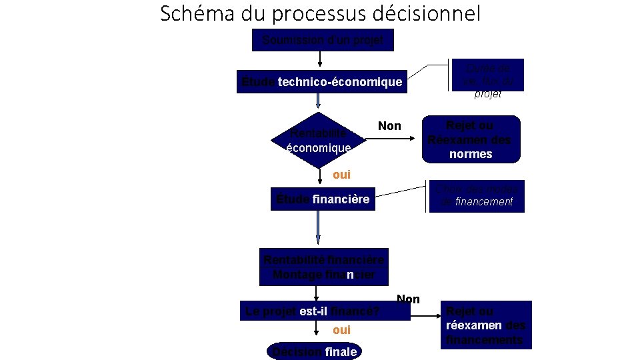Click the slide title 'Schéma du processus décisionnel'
point(320,13)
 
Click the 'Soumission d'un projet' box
point(323,40)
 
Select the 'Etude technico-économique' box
point(322,82)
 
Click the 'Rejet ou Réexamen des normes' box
point(470,140)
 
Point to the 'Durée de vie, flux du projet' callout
point(487,80)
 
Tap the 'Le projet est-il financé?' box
point(325,311)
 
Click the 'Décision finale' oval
point(313,351)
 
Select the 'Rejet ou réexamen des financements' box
point(485,325)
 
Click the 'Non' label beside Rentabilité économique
point(389,126)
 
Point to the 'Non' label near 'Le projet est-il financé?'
point(408,299)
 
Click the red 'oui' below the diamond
point(341,175)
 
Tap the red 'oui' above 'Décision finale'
point(341,330)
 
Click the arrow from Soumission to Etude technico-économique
point(320,60)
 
